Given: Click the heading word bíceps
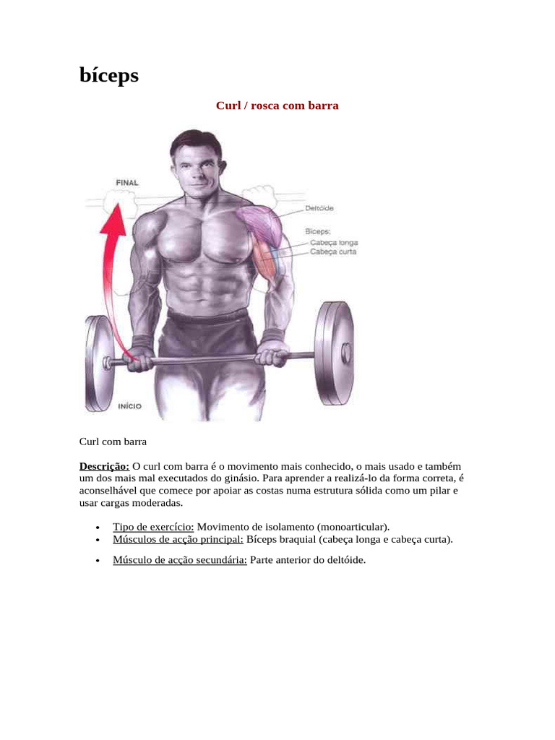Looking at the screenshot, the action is (x=109, y=75).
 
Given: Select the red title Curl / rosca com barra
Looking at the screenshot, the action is (x=277, y=106).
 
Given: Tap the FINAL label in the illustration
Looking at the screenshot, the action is (x=127, y=183).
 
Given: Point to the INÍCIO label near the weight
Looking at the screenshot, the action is (x=129, y=406).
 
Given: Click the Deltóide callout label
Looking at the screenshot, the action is (x=319, y=208).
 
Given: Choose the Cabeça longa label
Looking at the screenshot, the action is (x=334, y=243).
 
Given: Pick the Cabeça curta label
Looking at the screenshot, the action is (x=332, y=251).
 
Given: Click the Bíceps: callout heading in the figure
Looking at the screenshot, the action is (x=318, y=231).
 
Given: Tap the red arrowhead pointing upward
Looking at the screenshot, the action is (x=113, y=220).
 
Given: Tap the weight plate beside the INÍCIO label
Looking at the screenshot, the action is (x=98, y=363).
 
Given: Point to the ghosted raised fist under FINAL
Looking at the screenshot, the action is (x=119, y=201).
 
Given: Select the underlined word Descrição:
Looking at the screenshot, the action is (x=104, y=466).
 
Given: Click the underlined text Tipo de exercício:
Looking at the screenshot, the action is (x=153, y=527).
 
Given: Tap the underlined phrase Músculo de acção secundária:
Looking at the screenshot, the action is (x=180, y=560).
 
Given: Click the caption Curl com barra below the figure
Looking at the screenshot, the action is (x=113, y=442).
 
